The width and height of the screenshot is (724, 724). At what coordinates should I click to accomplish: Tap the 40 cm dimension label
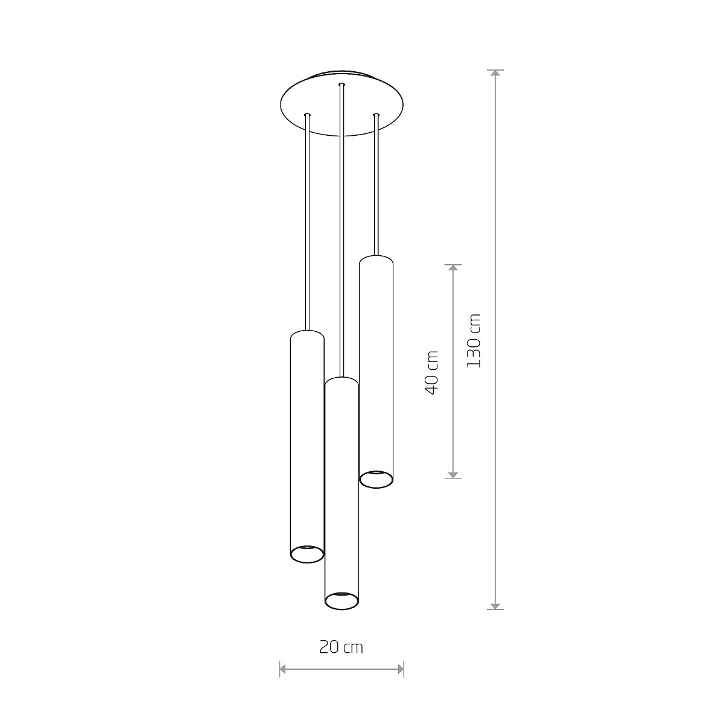tap(431, 372)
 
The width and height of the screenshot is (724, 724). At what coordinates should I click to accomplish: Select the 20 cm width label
tap(341, 647)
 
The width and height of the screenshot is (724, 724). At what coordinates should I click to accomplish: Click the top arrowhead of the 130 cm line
tap(495, 73)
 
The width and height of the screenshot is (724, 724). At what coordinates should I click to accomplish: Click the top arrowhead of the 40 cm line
tap(453, 267)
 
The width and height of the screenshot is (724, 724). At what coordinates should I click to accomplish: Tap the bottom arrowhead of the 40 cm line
tap(453, 475)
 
